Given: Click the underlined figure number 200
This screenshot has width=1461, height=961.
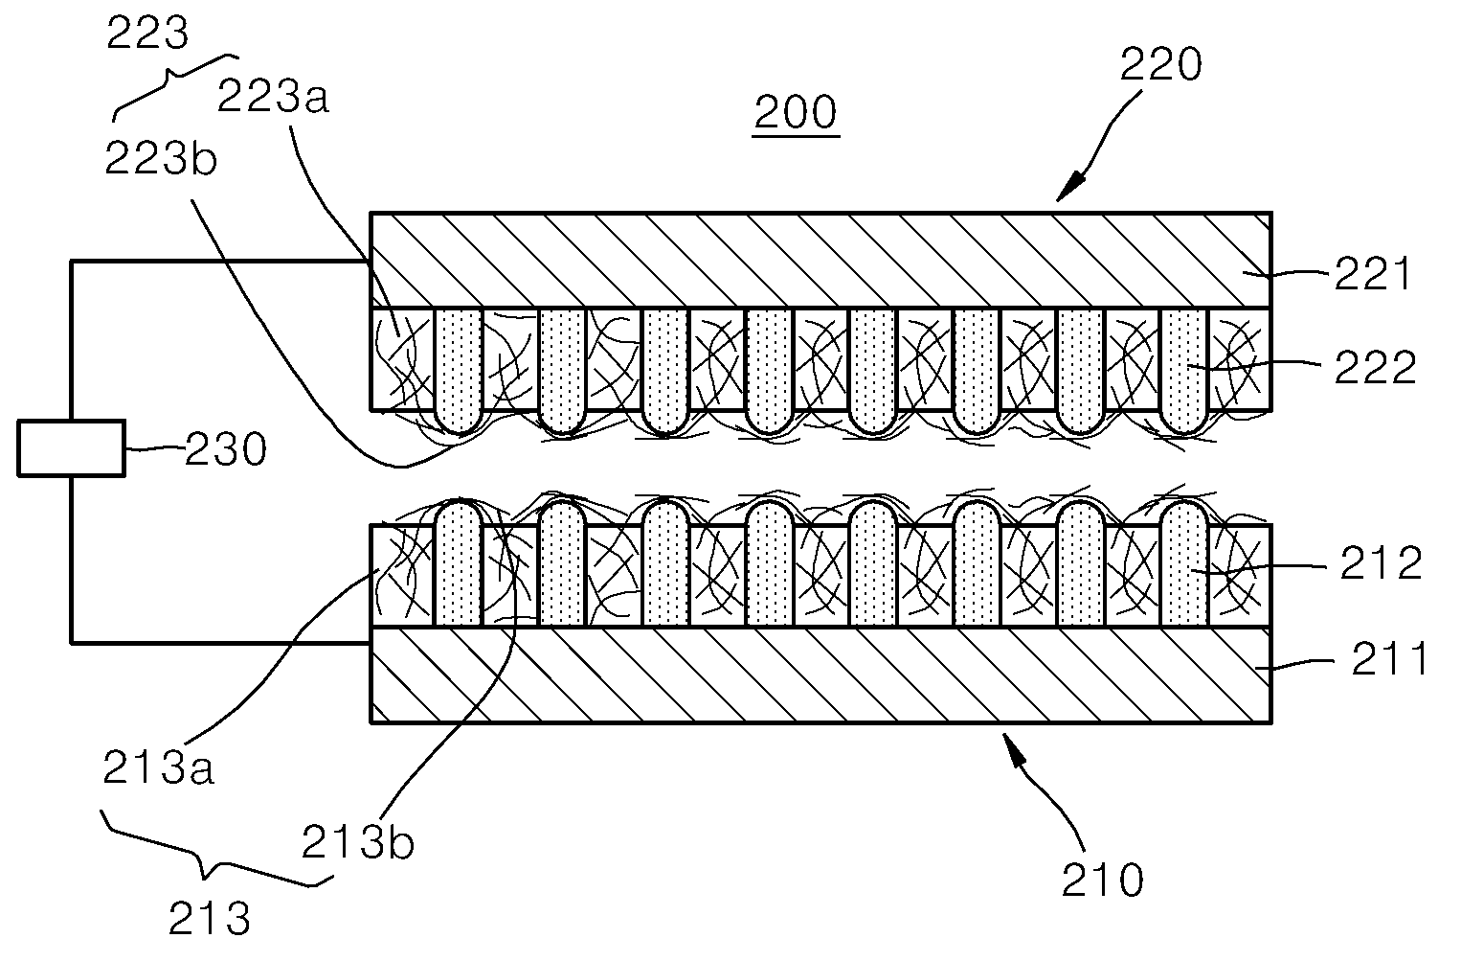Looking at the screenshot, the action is pyautogui.click(x=795, y=112).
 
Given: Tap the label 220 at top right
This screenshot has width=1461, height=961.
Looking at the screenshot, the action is pyautogui.click(x=1161, y=64).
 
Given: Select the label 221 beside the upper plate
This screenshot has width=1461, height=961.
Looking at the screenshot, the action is pyautogui.click(x=1373, y=274).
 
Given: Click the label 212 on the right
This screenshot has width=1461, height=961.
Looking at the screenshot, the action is pyautogui.click(x=1381, y=562).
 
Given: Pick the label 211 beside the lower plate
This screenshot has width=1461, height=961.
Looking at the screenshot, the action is pyautogui.click(x=1389, y=658).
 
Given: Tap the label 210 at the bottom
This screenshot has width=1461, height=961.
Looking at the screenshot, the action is pyautogui.click(x=1103, y=880).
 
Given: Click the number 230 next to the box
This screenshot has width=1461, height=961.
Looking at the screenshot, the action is pyautogui.click(x=226, y=449).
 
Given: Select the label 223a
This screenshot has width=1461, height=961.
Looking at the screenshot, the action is pyautogui.click(x=273, y=96).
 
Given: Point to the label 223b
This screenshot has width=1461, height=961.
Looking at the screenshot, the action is pyautogui.click(x=161, y=158).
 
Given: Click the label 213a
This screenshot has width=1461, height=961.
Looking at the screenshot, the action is pyautogui.click(x=159, y=767).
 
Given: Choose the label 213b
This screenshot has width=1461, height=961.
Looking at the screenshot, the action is pyautogui.click(x=357, y=843).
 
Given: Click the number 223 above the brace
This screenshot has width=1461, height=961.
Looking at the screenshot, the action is pyautogui.click(x=147, y=32).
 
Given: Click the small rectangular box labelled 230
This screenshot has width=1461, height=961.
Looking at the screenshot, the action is pyautogui.click(x=71, y=448).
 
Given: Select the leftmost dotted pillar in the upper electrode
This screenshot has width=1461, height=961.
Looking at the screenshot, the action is pyautogui.click(x=458, y=370).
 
